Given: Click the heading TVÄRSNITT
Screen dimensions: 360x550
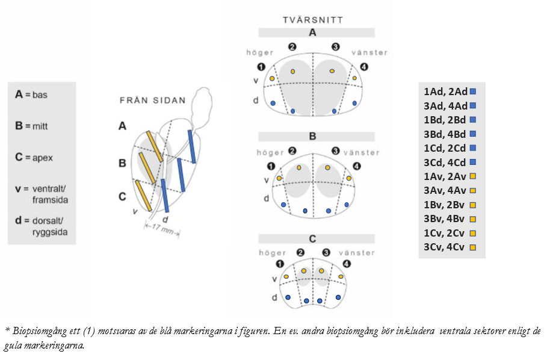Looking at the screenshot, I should [313, 20].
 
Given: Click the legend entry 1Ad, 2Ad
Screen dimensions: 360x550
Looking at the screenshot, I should [445, 92].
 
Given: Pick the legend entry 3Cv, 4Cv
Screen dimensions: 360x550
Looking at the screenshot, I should [445, 247].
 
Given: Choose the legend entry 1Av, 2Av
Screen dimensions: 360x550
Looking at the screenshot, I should [445, 176].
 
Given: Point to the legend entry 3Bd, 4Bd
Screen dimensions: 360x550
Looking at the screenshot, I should [445, 134].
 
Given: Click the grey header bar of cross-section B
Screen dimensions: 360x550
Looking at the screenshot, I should [312, 137].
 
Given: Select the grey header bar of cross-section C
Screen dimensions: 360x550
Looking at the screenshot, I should [312, 239].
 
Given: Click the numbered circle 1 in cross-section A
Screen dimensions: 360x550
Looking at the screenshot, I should [261, 67].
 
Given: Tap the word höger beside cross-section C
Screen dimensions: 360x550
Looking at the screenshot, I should [273, 253].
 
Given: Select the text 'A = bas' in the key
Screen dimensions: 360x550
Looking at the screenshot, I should [31, 95].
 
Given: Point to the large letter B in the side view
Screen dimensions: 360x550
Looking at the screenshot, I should [122, 162].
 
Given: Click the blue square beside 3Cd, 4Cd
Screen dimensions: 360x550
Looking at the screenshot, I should [473, 162].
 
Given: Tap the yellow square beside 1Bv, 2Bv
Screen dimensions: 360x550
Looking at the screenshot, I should [473, 205].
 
